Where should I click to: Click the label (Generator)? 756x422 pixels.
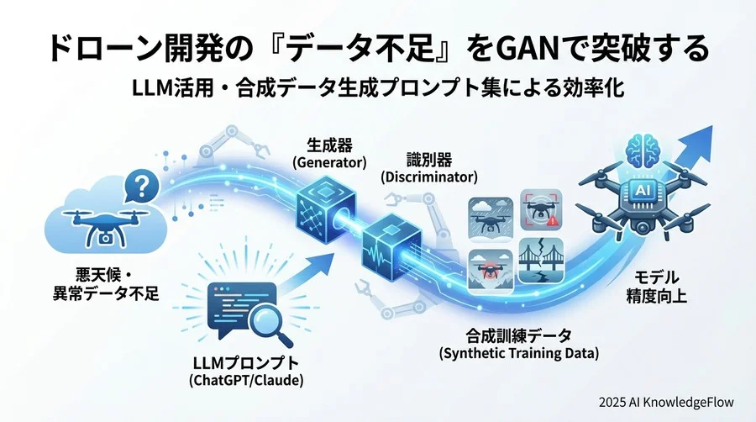point(330,162)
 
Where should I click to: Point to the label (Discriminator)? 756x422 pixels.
point(429,177)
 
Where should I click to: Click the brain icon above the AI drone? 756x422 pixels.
point(642,150)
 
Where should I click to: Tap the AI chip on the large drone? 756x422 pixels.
point(642,191)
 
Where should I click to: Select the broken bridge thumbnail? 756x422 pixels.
point(541,261)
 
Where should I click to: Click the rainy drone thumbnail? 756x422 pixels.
point(491,219)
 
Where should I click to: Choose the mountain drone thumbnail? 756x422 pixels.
point(491,271)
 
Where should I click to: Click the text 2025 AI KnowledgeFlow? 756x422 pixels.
point(666,402)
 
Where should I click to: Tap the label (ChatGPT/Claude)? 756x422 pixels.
point(246,381)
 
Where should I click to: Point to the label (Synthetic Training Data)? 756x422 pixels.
point(519,354)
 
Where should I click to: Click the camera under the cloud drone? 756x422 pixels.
point(104,238)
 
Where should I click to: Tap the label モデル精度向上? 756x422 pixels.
point(656,287)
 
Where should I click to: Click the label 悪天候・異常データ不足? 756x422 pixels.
point(106,284)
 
